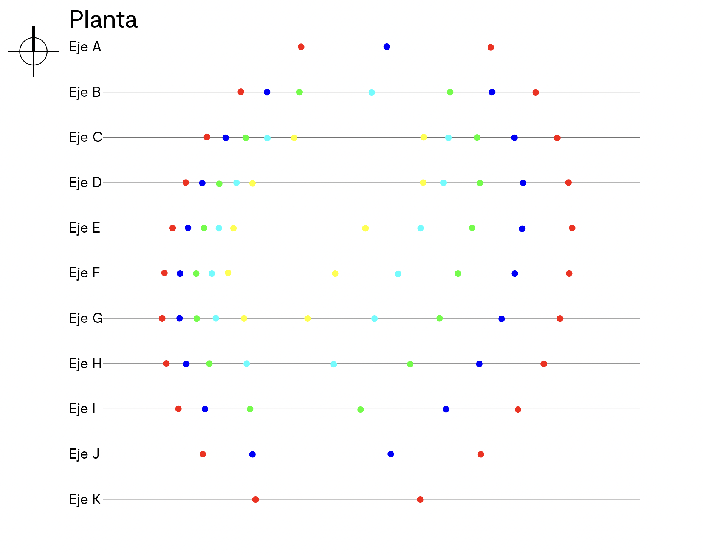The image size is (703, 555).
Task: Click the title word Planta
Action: point(104,20)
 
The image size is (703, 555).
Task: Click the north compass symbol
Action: point(33,51)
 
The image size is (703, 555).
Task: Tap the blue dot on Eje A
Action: point(387,47)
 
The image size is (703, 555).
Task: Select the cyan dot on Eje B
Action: point(372,92)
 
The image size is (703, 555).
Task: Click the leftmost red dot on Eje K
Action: point(255,499)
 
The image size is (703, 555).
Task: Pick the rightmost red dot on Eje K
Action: point(420,499)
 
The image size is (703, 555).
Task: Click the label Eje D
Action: point(85,183)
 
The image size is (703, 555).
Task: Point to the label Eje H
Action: point(85,364)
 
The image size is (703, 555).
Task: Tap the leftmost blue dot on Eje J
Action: point(252,454)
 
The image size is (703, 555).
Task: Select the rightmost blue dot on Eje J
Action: point(391,454)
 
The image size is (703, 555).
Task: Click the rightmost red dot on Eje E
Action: point(572,228)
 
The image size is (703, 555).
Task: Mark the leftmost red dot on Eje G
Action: point(162,318)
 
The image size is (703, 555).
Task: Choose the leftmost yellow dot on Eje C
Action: point(294,138)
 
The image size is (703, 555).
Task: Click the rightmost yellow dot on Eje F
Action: point(335,273)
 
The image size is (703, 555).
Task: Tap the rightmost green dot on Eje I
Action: point(361,409)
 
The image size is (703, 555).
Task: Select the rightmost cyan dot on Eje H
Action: point(334,364)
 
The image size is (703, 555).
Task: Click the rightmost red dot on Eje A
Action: point(491,47)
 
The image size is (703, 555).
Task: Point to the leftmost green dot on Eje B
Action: point(299,92)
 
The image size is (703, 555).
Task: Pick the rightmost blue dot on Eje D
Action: point(523,183)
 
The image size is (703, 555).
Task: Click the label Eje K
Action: point(85,499)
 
